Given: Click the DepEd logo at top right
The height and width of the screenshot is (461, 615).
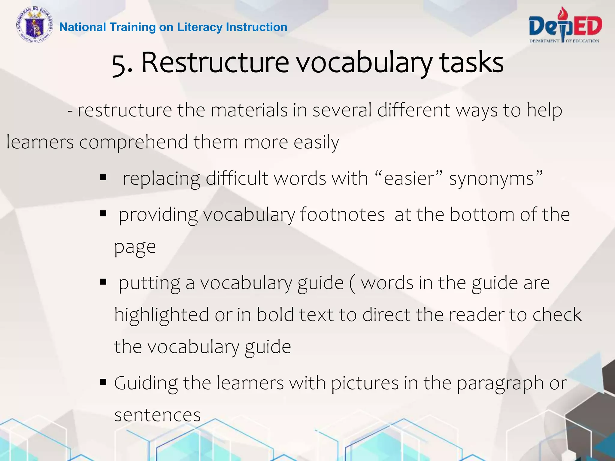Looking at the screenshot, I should click(565, 26).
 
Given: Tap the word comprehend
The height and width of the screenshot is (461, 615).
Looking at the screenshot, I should click(133, 142).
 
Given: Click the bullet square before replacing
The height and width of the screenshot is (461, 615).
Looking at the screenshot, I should click(103, 178).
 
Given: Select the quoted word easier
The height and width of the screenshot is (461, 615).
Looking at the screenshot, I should click(409, 179).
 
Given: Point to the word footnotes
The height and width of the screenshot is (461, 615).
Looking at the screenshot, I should click(342, 215).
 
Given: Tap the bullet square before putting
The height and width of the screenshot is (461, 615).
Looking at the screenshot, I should click(103, 282).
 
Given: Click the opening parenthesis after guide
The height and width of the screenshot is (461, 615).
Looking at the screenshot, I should click(352, 284).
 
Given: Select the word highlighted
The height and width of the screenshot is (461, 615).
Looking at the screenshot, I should click(162, 315).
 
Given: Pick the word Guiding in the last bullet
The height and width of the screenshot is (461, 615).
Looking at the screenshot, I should click(146, 384).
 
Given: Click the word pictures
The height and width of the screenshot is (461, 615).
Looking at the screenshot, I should click(365, 383).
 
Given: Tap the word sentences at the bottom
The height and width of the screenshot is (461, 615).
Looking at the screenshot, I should click(157, 415).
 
